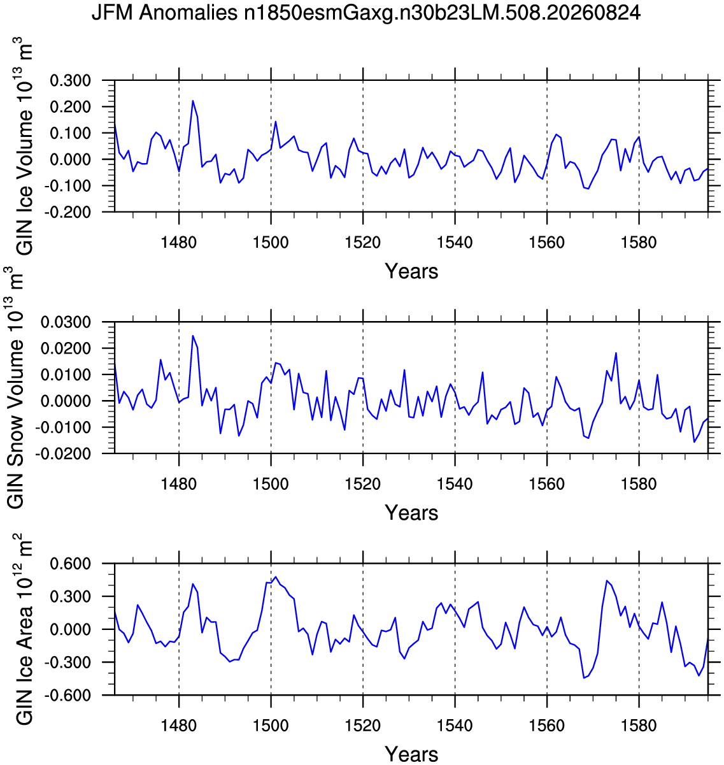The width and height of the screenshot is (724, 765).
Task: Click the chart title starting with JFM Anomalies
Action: coord(366,13)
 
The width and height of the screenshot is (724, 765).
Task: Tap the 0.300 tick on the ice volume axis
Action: coord(71,80)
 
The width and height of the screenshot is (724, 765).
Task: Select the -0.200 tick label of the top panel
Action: coord(67,212)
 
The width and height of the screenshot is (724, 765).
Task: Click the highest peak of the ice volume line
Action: coord(192,101)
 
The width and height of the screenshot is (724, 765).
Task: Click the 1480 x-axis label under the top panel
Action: coord(179,243)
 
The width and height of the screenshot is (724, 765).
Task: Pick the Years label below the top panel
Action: coord(411,271)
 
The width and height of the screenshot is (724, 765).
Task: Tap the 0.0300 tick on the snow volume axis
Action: coord(66,322)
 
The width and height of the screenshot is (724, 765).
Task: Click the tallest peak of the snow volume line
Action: coord(192,336)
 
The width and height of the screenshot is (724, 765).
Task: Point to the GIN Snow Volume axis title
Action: coord(15,387)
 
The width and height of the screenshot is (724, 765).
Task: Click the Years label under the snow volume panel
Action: coord(411,513)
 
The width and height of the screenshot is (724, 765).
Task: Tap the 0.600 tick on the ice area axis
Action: coord(71,564)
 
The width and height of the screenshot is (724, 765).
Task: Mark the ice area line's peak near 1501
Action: coord(276,576)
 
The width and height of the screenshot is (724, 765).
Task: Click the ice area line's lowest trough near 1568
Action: coord(584,678)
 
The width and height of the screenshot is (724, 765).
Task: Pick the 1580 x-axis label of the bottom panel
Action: coord(639,726)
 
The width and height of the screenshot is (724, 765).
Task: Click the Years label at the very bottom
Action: coord(411,755)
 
